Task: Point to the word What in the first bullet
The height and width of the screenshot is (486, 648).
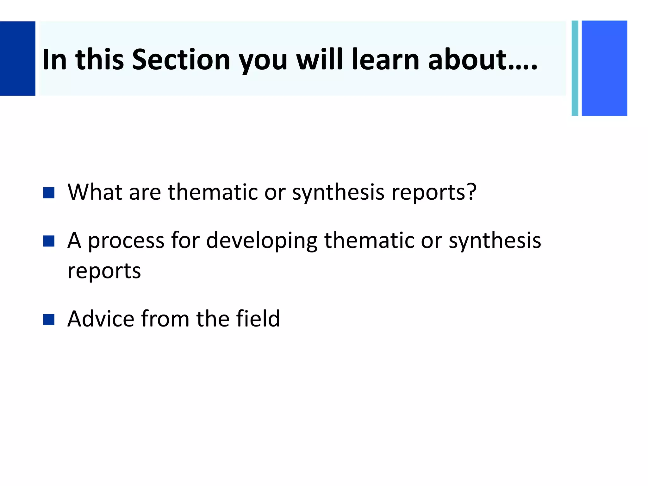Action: point(95,192)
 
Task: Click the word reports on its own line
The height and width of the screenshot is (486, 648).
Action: point(104,271)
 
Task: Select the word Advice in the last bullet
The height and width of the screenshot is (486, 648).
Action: point(101,319)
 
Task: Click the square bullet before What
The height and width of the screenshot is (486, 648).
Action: point(49,193)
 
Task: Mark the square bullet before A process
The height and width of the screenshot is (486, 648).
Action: point(49,241)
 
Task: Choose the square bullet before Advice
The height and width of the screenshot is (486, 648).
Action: point(49,320)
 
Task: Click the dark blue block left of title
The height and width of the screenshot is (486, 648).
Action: point(17,59)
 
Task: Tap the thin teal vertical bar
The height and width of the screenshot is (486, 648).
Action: point(575,68)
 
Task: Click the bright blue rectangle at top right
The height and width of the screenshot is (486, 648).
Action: point(604,68)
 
